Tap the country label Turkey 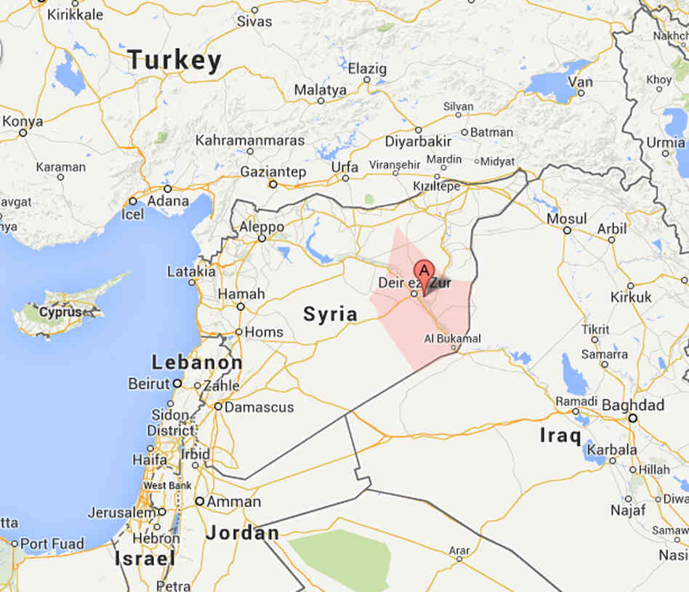tap(174, 60)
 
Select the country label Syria tap(330, 314)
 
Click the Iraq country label tap(560, 435)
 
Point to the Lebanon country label tap(197, 362)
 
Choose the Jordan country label tap(242, 533)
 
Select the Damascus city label tap(259, 407)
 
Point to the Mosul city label tap(566, 219)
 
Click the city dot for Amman tap(199, 501)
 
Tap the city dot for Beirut tap(177, 383)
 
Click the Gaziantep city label tap(273, 172)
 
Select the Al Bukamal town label tap(452, 338)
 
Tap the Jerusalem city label tap(121, 512)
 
